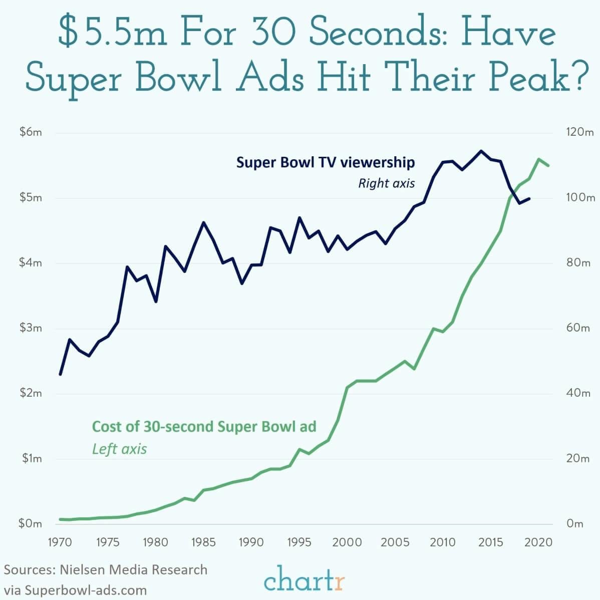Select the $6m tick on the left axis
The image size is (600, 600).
click(31, 133)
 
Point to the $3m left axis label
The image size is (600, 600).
click(31, 328)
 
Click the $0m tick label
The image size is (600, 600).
click(31, 524)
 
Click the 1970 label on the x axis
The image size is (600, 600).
click(60, 543)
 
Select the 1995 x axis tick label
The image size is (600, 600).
click(299, 543)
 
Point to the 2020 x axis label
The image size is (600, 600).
click(539, 543)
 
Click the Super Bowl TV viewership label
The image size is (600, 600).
click(326, 162)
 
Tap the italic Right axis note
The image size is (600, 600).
click(386, 183)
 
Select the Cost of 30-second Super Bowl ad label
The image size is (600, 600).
click(204, 426)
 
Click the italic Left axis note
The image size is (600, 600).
click(119, 448)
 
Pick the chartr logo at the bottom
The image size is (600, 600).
click(305, 581)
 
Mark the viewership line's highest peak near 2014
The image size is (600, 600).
click(481, 150)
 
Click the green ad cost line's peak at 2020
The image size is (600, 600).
click(539, 159)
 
